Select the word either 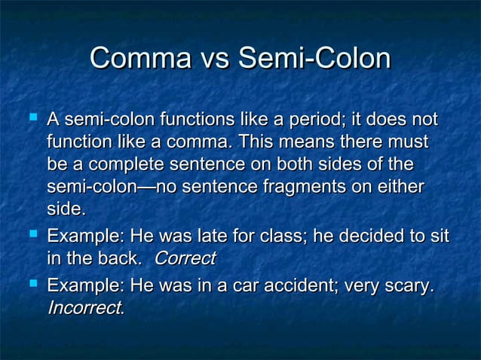[400, 186]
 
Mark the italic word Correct [185, 258]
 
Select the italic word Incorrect [84, 308]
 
